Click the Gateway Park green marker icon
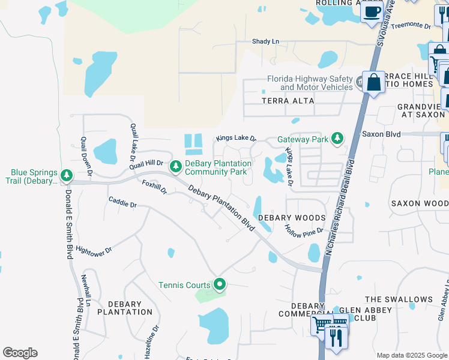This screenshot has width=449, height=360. pos(337,139)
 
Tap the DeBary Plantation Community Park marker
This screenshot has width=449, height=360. pos(176,166)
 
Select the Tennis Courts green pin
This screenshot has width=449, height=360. pos(220,285)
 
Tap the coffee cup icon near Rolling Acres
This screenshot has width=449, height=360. pos(372,11)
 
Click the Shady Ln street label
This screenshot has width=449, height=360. pos(266,41)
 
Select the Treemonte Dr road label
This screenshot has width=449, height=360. pos(411,26)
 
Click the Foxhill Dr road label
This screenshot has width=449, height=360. pos(154,186)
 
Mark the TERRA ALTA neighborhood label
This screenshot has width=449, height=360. pos(288,101)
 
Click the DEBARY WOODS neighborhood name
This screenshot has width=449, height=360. pos(292,218)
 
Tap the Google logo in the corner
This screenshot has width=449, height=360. pos(20,353)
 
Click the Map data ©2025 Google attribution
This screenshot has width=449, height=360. pos(411,355)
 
